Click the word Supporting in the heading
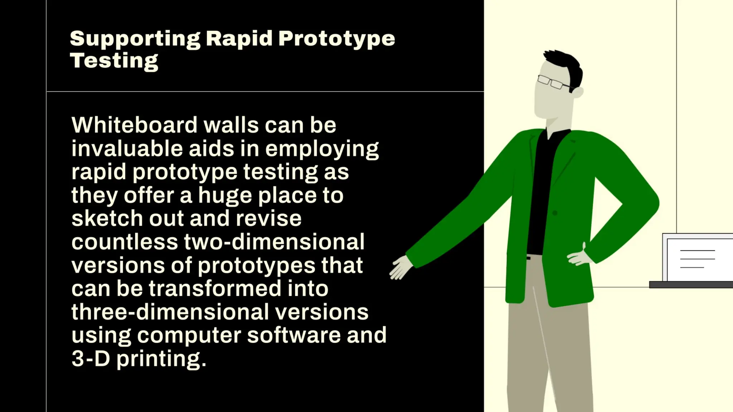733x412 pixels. point(135,39)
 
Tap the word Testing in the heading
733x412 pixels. point(114,61)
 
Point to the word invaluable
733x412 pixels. point(127,148)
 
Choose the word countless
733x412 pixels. point(125,242)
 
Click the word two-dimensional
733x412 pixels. point(274,242)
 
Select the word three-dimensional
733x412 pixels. point(170,312)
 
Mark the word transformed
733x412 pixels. point(215,288)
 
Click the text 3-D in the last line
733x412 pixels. point(91,358)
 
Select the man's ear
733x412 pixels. point(578,92)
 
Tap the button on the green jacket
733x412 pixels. point(555,213)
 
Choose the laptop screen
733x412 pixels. point(698,259)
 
